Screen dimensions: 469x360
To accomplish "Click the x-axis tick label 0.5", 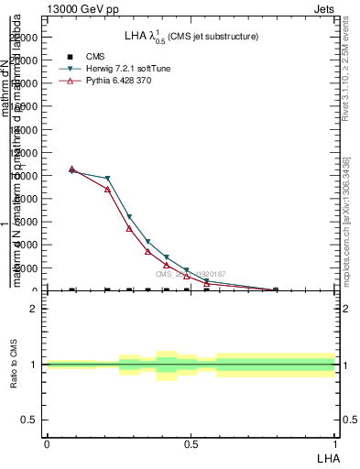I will pyautogui.click(x=191, y=442).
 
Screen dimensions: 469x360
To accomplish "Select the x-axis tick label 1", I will pyautogui.click(x=335, y=442).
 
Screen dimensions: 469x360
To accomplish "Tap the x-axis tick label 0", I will pyautogui.click(x=47, y=442).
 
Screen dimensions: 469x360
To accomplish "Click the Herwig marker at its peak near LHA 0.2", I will pyautogui.click(x=107, y=179).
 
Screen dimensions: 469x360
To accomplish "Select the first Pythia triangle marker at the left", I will pyautogui.click(x=71, y=169).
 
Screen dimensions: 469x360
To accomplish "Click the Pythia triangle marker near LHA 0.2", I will pyautogui.click(x=107, y=189).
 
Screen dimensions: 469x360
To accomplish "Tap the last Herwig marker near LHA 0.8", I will pyautogui.click(x=275, y=289).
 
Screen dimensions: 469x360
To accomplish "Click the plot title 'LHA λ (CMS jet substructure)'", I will pyautogui.click(x=191, y=37).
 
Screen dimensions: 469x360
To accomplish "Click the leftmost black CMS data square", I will pyautogui.click(x=71, y=290).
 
